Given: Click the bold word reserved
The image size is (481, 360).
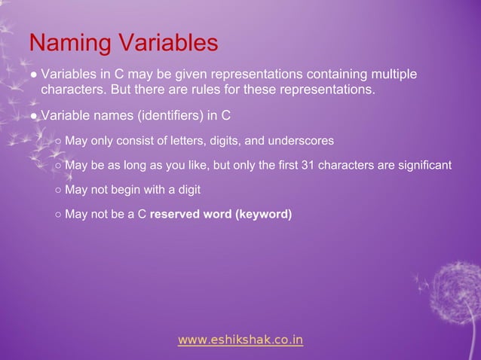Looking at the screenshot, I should (177, 215).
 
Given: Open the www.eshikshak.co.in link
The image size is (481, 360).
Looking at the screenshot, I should (240, 340).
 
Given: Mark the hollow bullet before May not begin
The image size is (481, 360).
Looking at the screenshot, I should (58, 190).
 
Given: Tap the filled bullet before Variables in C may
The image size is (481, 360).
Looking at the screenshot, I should (35, 75).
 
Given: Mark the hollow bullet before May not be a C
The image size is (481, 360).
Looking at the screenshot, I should (58, 215).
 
